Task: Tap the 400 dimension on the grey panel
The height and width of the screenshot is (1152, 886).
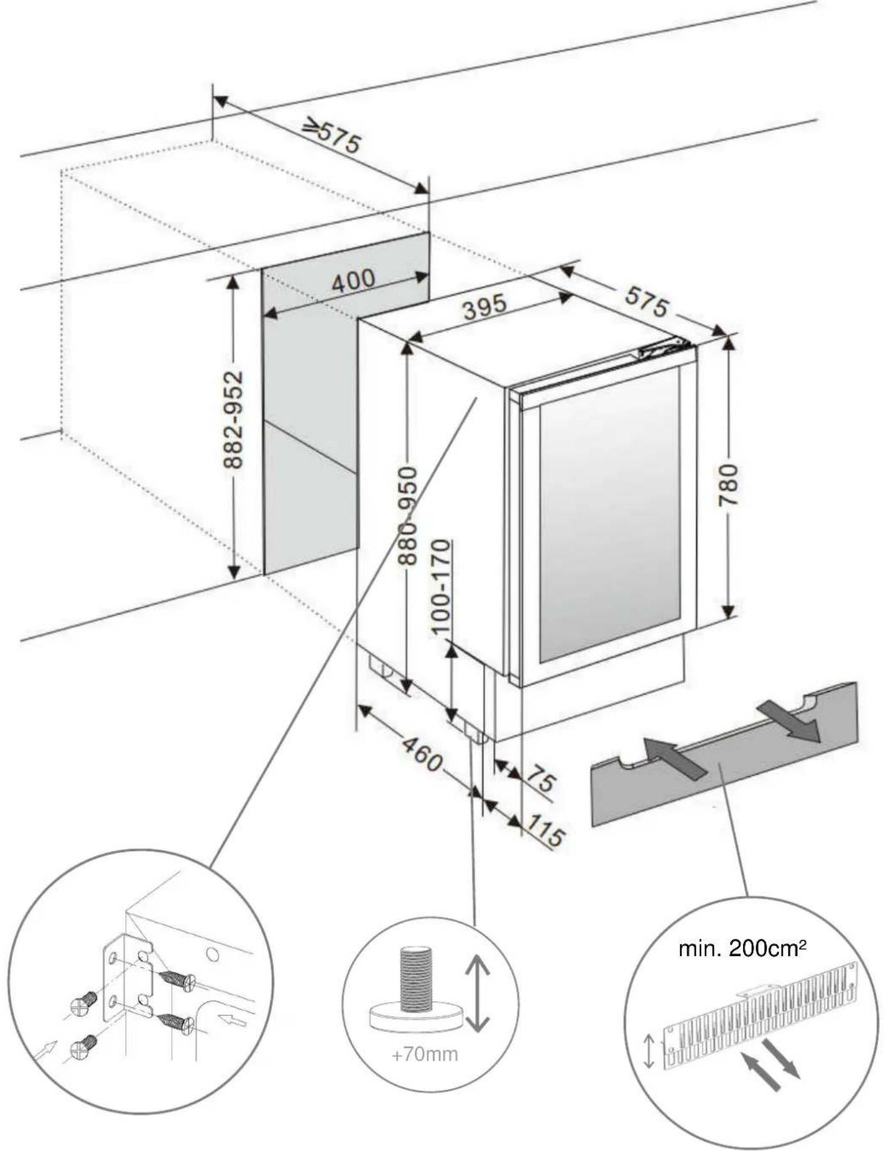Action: tap(353, 280)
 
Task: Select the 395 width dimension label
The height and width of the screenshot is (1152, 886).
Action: tap(485, 307)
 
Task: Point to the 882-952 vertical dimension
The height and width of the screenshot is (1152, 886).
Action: tap(234, 420)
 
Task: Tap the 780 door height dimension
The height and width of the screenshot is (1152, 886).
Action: tap(729, 485)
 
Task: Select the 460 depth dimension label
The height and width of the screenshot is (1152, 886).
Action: tap(422, 754)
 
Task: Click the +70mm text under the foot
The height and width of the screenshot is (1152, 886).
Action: tap(425, 1054)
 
